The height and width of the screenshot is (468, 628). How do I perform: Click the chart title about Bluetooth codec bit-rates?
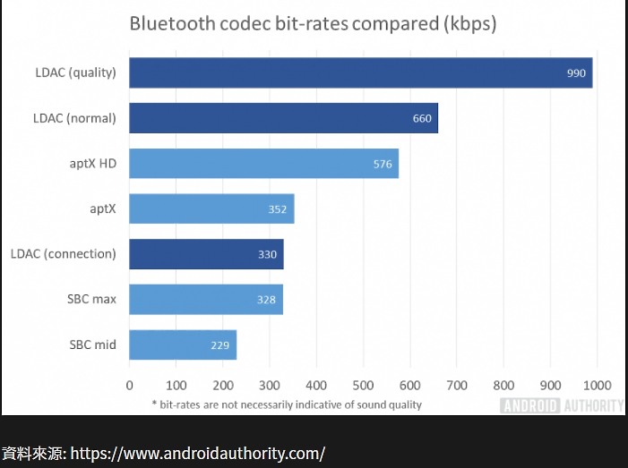pos(313,23)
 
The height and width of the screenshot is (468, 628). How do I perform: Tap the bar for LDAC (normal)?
pos(283,118)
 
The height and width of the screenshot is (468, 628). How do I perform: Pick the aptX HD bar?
pos(263,164)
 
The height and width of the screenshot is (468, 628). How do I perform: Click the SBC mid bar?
pos(183,345)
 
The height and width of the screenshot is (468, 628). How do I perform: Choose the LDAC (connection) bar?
pos(206,254)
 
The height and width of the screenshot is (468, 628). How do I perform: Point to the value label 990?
pos(576,72)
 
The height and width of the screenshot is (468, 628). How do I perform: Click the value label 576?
pos(383,164)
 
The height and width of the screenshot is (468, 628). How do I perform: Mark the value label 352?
pos(277,209)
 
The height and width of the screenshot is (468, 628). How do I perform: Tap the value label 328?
pos(266,300)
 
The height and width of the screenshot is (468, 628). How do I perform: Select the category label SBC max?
pos(92,299)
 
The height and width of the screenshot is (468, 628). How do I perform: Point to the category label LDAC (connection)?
pos(63,254)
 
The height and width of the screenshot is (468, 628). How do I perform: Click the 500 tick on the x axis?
pos(363,385)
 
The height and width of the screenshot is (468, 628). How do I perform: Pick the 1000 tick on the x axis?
pos(597,385)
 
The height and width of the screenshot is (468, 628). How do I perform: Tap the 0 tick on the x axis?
pos(129,385)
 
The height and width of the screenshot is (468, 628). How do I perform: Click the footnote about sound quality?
pos(286,404)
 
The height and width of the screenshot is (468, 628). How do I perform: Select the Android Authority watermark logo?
pos(562,405)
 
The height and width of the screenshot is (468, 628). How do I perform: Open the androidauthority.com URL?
pos(197,453)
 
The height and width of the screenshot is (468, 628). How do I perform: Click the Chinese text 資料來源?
pos(32,453)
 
